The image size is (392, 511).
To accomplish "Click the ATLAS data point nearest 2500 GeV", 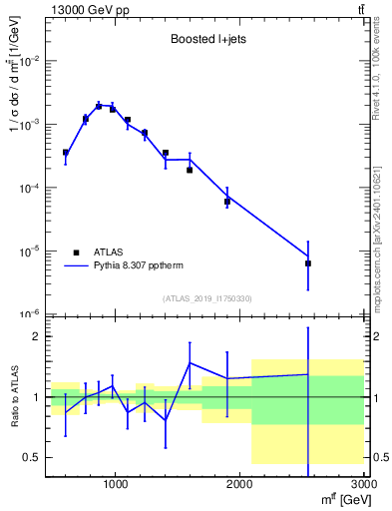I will click(308, 263).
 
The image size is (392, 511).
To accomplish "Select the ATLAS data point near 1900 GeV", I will click(227, 201).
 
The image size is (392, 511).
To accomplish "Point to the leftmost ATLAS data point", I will click(66, 153).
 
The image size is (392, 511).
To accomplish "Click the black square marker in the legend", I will click(76, 253).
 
